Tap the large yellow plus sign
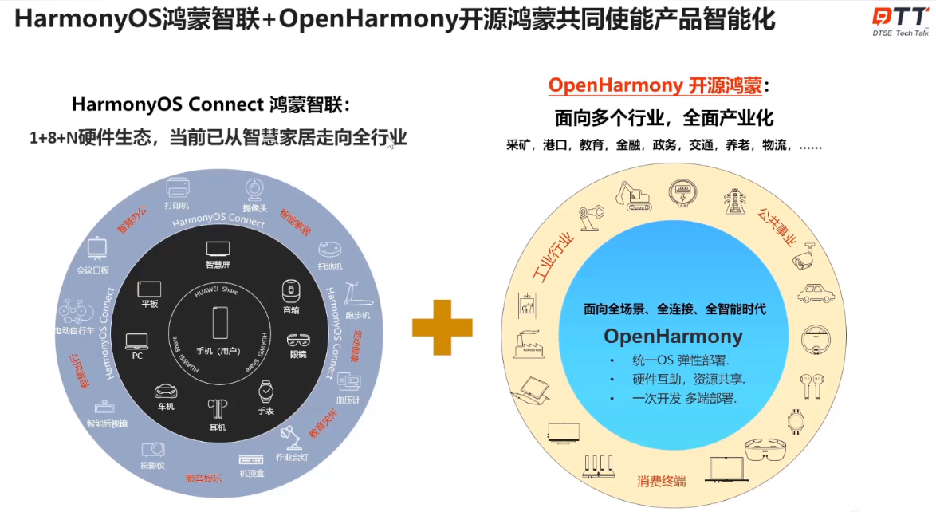[x=442, y=327]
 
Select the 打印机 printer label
[x=177, y=205]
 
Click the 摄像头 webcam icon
[x=254, y=188]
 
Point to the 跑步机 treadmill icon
[x=353, y=297]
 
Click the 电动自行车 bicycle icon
[x=73, y=309]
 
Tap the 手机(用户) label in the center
[x=220, y=352]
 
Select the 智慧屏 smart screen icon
[x=218, y=248]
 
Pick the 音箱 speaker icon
[x=291, y=289]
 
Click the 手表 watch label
[x=265, y=411]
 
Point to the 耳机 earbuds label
[x=218, y=427]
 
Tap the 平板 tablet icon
[x=149, y=289]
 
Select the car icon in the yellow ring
[x=815, y=293]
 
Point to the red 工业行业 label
[x=553, y=258]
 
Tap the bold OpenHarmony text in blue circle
[x=673, y=336]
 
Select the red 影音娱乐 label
[x=203, y=479]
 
